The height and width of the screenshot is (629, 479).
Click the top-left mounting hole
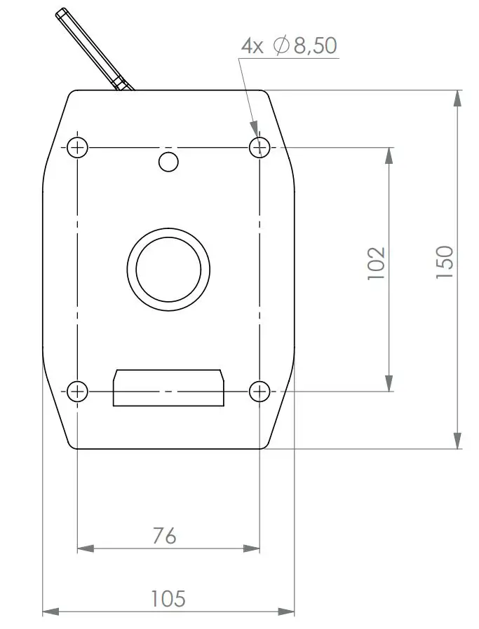pyautogui.click(x=77, y=147)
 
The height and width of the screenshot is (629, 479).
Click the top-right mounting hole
pyautogui.click(x=259, y=147)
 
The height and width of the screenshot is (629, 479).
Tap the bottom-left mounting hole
pyautogui.click(x=77, y=391)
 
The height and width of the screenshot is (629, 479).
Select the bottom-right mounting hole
pyautogui.click(x=259, y=391)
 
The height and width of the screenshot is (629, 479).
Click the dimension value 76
pyautogui.click(x=165, y=536)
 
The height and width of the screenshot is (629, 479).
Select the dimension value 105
pyautogui.click(x=168, y=599)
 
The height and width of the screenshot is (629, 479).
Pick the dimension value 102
pyautogui.click(x=377, y=263)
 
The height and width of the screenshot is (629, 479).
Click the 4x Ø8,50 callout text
pyautogui.click(x=289, y=46)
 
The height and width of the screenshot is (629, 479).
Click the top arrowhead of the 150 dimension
pyautogui.click(x=457, y=98)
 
